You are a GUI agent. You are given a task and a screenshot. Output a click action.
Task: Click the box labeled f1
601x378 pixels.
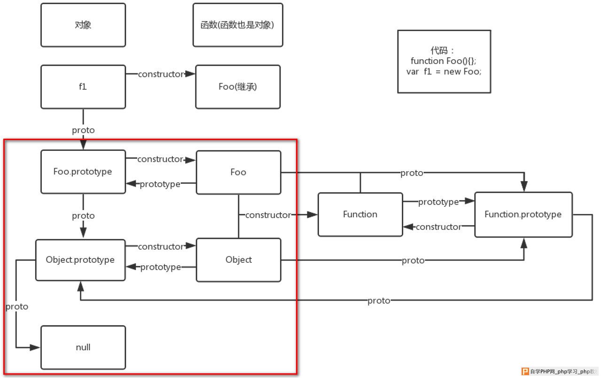coord(83,87)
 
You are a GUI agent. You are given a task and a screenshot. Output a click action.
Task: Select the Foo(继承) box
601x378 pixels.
coord(238,87)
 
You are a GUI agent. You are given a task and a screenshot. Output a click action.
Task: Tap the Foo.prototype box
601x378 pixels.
coord(83,172)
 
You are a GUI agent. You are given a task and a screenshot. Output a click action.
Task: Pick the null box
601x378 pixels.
coord(83,347)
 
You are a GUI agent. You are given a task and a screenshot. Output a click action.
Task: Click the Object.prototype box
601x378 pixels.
coord(80,260)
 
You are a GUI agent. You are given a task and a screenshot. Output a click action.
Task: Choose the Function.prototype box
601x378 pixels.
coord(523,214)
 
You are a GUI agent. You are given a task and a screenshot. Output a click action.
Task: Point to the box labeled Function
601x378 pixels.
coord(360,214)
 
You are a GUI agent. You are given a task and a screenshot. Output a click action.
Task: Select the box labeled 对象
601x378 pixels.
coord(83,25)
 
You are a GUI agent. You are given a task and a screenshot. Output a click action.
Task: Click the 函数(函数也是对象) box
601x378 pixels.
coord(238,25)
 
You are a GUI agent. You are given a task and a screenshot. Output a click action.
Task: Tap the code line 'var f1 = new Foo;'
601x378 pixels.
coord(444,71)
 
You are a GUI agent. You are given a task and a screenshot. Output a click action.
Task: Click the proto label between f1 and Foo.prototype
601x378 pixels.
coord(83,130)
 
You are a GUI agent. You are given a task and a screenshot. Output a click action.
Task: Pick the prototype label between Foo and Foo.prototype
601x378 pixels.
coord(160,184)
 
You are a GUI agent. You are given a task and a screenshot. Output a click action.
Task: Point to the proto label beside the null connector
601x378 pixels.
coord(16,307)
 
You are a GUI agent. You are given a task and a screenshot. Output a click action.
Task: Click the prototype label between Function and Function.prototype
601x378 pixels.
coord(438,202)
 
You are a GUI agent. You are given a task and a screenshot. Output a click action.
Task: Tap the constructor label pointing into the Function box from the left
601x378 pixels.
coord(268,215)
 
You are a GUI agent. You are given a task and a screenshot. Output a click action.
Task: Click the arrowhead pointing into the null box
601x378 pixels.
coord(35,347)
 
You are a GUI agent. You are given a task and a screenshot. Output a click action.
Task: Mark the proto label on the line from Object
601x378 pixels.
coord(413,260)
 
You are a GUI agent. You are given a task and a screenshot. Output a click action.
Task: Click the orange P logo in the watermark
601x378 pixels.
coord(525,371)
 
